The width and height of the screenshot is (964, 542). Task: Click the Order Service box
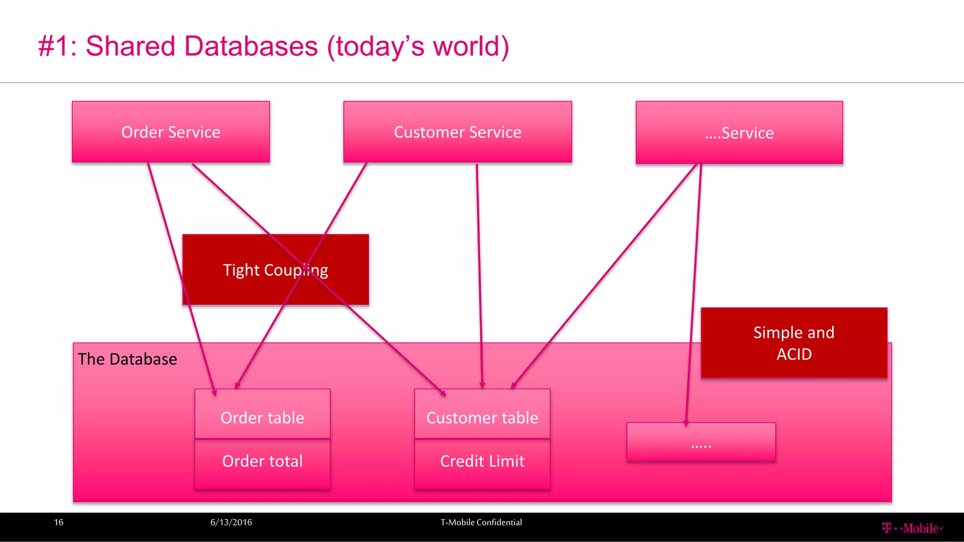pyautogui.click(x=170, y=132)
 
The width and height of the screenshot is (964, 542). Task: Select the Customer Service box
pyautogui.click(x=457, y=132)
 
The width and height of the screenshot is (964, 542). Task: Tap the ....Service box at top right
pyautogui.click(x=739, y=133)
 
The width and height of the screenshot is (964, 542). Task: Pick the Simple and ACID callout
pyautogui.click(x=794, y=343)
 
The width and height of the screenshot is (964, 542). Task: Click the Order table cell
pyautogui.click(x=262, y=417)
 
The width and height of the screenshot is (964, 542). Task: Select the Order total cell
pyautogui.click(x=262, y=462)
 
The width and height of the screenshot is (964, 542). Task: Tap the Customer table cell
pyautogui.click(x=482, y=418)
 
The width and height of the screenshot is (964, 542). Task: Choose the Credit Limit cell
pyautogui.click(x=482, y=462)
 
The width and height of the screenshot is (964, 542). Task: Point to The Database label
pyautogui.click(x=128, y=359)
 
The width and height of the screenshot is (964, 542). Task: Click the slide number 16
pyautogui.click(x=59, y=522)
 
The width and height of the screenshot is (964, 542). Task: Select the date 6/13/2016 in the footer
pyautogui.click(x=231, y=522)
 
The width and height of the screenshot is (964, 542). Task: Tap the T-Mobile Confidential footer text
pyautogui.click(x=481, y=522)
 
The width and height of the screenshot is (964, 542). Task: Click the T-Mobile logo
pyautogui.click(x=912, y=528)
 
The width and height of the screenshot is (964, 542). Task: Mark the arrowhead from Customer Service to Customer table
pyautogui.click(x=482, y=385)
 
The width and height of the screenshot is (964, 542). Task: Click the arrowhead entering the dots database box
pyautogui.click(x=686, y=423)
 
